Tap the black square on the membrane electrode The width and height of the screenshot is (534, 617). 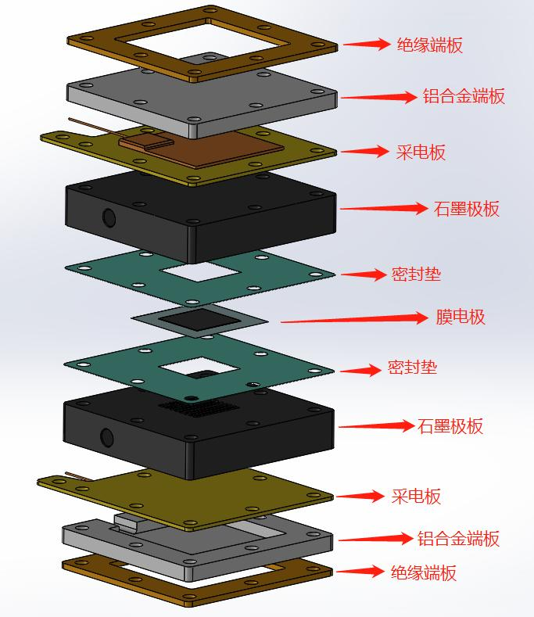(x=200, y=319)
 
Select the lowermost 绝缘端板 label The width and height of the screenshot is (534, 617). (x=424, y=573)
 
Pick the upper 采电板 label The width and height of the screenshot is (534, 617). (x=421, y=152)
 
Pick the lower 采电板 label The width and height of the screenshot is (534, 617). (x=416, y=496)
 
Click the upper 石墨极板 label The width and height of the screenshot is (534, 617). (x=466, y=209)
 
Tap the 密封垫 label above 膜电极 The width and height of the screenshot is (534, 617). (x=416, y=274)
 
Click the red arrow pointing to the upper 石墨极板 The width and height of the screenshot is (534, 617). (x=378, y=209)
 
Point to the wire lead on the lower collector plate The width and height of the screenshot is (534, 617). (x=75, y=475)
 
